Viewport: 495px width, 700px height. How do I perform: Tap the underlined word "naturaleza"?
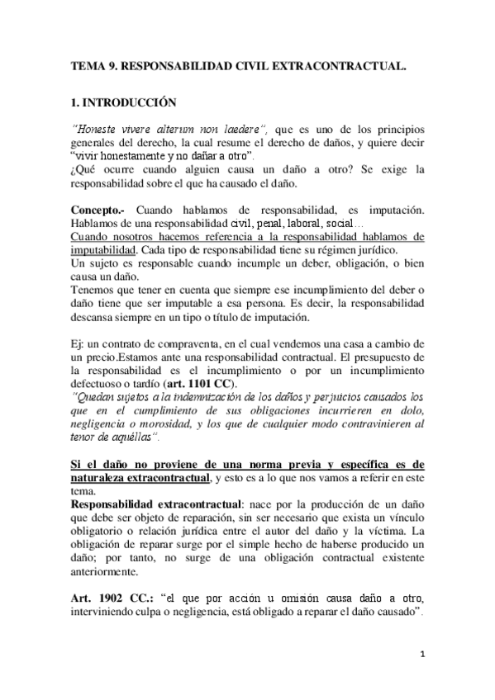pyautogui.click(x=101, y=476)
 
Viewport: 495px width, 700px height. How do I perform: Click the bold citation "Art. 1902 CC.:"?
pyautogui.click(x=111, y=596)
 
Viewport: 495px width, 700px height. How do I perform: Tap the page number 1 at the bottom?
pyautogui.click(x=421, y=653)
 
